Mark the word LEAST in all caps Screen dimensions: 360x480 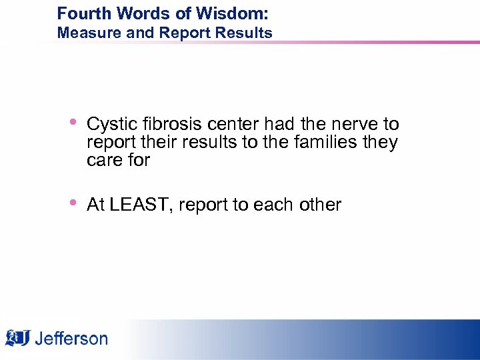[x=137, y=205]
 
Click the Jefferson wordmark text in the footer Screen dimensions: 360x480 [x=71, y=339]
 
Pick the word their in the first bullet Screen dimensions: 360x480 [x=153, y=142]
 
